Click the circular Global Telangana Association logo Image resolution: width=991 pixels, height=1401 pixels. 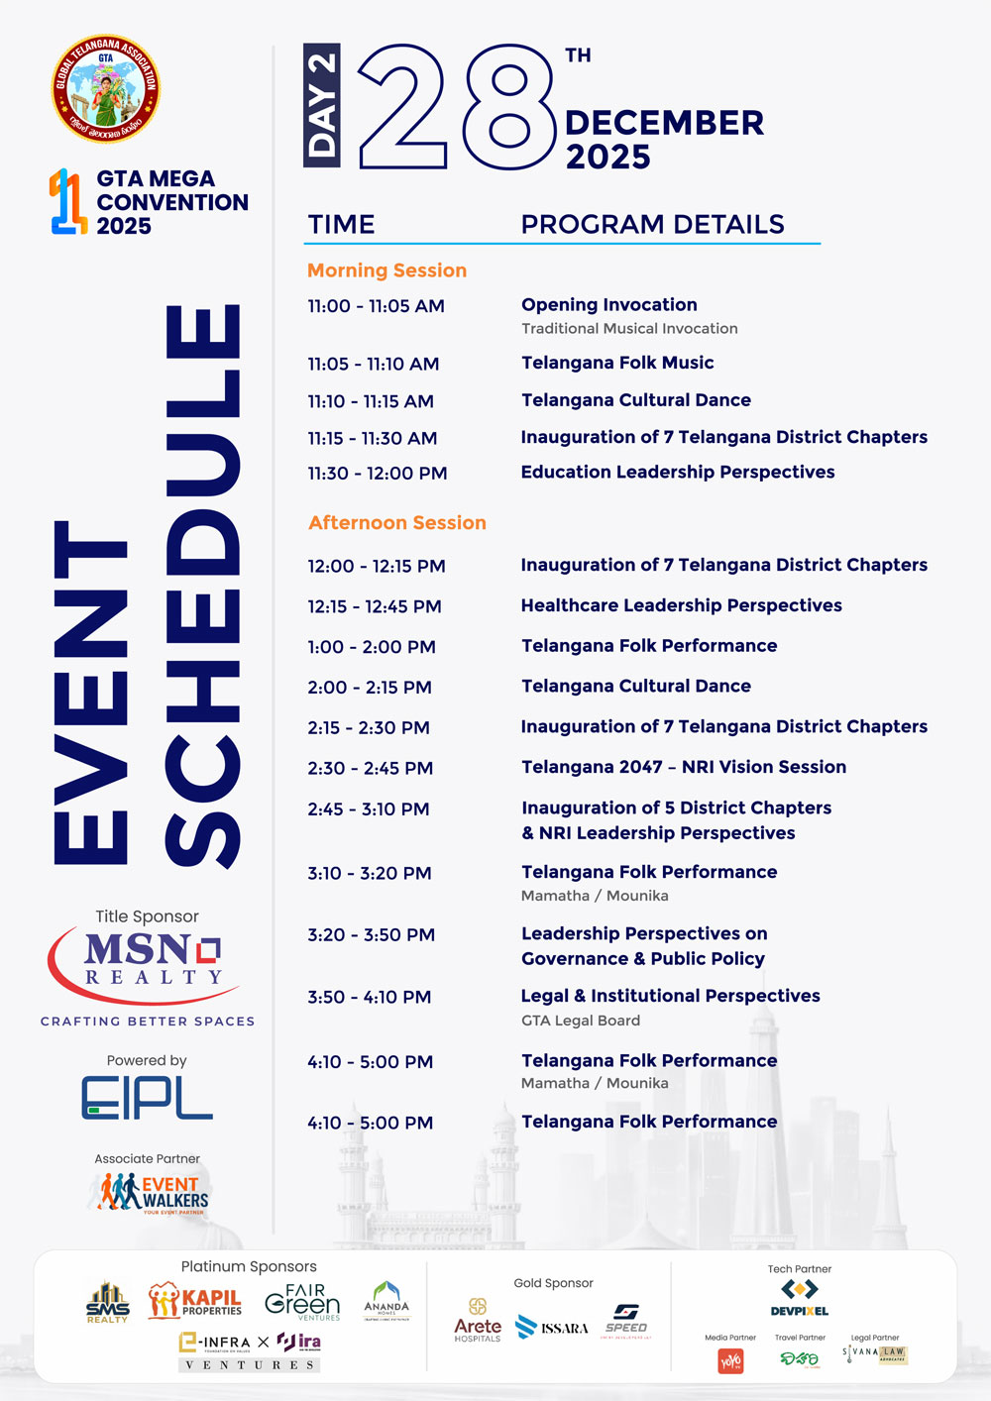point(105,88)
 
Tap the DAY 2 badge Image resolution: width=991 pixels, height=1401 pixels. point(322,105)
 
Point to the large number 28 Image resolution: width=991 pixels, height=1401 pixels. point(457,107)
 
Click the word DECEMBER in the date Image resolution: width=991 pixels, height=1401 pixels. point(664,123)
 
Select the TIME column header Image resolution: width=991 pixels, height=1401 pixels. point(341,225)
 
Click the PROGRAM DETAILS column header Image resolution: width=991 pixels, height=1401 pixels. point(652,225)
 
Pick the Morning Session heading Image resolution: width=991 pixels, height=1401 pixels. point(386,270)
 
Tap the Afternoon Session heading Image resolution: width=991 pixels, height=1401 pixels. point(396,522)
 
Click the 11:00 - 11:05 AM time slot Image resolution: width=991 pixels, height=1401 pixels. point(376,306)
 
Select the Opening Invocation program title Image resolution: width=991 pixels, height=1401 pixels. point(608,305)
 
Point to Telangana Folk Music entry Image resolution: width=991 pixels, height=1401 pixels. point(617,363)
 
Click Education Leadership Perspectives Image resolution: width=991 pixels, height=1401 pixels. point(678,473)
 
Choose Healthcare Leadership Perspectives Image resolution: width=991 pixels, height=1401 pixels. point(681,605)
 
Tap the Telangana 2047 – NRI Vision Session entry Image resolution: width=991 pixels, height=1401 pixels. point(684,767)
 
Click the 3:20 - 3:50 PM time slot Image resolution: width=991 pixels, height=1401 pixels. point(371,934)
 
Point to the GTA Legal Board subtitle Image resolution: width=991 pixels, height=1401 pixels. point(581,1021)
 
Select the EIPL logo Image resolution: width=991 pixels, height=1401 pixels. point(147,1098)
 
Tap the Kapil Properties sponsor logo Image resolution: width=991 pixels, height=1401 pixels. point(195,1301)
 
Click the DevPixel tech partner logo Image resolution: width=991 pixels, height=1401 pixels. point(799,1297)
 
